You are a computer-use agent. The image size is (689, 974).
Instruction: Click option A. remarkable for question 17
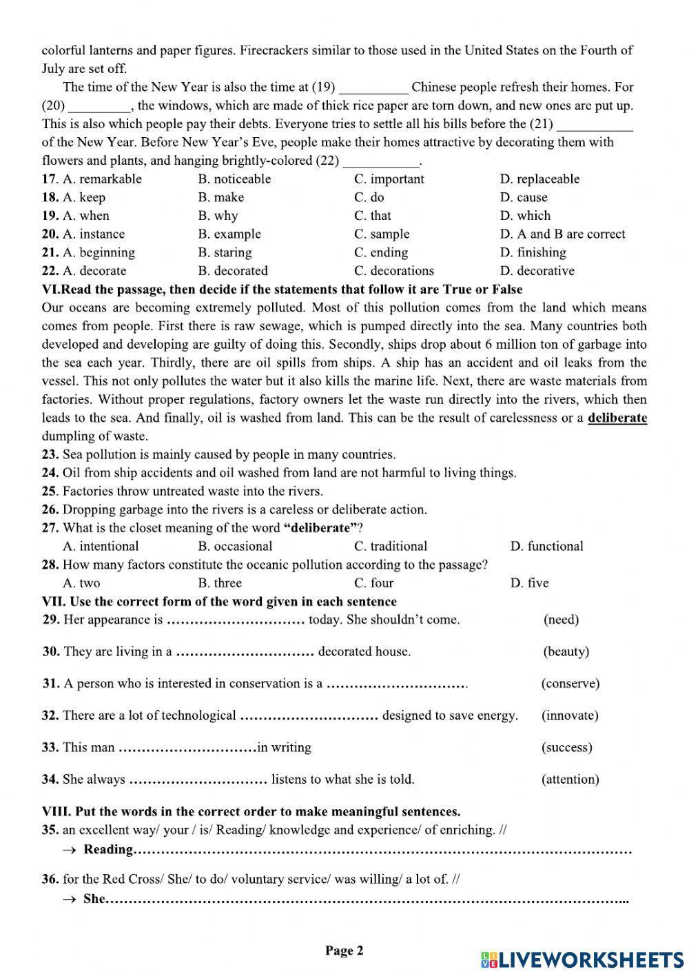101,179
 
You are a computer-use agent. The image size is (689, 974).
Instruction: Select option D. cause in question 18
523,198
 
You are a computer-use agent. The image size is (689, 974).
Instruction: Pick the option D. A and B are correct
562,234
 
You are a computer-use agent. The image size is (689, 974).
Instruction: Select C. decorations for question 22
394,271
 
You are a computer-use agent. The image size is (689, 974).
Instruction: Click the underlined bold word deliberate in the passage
617,418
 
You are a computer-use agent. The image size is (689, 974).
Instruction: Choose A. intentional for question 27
101,547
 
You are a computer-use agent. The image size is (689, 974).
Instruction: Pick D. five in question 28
529,583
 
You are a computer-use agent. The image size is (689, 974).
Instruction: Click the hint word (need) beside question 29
561,620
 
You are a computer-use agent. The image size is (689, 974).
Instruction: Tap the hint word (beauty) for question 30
566,651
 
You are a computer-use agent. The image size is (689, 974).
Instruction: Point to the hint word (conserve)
570,684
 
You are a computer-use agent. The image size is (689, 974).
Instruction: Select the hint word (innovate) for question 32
570,716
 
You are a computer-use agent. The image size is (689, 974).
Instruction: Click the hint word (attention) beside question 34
570,780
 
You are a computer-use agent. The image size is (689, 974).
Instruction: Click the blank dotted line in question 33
187,748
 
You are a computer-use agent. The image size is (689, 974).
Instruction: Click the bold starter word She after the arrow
94,899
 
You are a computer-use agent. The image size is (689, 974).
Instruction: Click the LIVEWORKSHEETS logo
582,959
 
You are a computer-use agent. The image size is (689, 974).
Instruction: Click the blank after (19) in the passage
373,88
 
